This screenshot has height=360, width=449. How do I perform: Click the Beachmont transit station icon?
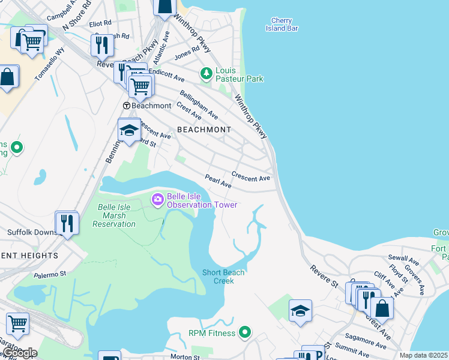[x=127, y=106]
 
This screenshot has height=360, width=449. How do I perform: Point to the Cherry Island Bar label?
[x=282, y=24]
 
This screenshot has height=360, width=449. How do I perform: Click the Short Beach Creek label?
[x=223, y=277]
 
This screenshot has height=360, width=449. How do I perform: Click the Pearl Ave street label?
[x=218, y=181]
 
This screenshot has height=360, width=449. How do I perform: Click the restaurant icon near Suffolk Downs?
[x=67, y=224]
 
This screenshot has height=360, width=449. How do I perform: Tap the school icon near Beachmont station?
[x=129, y=130]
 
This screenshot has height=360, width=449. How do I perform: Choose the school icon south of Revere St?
[x=300, y=311]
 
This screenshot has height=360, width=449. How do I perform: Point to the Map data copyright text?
[x=424, y=355]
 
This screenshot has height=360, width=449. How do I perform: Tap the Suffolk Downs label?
[x=31, y=232]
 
